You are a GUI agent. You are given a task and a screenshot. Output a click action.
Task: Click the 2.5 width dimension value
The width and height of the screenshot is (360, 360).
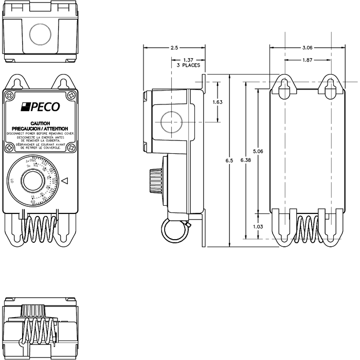click(174, 48)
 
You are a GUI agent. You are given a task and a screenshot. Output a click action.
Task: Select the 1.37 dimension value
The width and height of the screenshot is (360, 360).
click(188, 60)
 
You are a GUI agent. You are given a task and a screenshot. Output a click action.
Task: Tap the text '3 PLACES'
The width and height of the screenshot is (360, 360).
click(188, 66)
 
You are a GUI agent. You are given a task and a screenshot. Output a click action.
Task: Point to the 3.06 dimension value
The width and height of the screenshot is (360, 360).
click(307, 48)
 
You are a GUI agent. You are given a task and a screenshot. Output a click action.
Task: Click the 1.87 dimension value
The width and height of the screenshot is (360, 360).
click(307, 60)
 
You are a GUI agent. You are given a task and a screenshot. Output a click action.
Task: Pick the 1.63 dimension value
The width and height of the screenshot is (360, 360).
click(217, 102)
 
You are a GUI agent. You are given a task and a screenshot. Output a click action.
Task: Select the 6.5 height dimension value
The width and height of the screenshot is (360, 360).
click(229, 161)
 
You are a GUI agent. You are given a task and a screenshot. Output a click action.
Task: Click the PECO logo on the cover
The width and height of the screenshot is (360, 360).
click(40, 107)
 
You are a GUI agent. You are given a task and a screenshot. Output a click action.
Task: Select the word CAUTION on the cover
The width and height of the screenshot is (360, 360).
click(40, 123)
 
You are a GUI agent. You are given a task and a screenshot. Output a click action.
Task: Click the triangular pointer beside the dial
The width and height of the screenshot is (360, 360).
click(64, 181)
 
